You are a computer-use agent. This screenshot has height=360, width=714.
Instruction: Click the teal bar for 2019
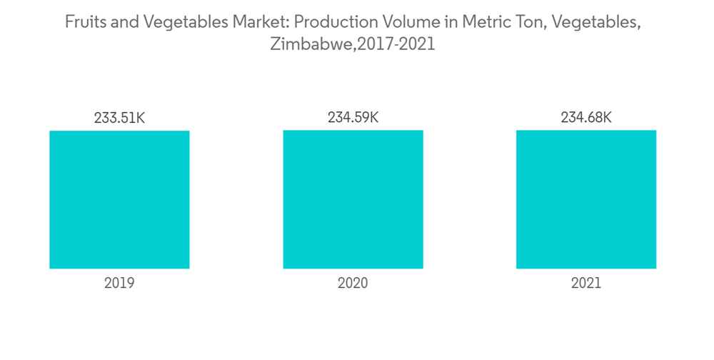(x=119, y=199)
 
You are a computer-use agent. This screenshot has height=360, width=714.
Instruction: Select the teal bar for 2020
(x=353, y=199)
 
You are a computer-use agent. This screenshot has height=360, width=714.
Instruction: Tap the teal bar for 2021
(x=586, y=199)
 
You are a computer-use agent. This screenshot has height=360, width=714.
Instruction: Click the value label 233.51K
(x=119, y=118)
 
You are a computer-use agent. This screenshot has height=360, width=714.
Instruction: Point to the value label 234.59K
(x=353, y=118)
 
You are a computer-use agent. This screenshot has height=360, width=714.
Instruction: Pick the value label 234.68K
(x=586, y=118)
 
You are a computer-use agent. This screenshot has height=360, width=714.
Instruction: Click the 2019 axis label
(x=119, y=283)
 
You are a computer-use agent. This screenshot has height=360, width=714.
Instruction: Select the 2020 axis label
(x=353, y=283)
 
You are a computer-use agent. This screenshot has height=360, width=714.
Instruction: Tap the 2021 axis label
(x=586, y=283)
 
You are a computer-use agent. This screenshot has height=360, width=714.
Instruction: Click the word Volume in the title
(x=409, y=22)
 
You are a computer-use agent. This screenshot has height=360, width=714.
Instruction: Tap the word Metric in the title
(x=483, y=22)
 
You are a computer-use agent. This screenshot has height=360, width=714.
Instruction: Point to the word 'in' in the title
(x=450, y=22)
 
